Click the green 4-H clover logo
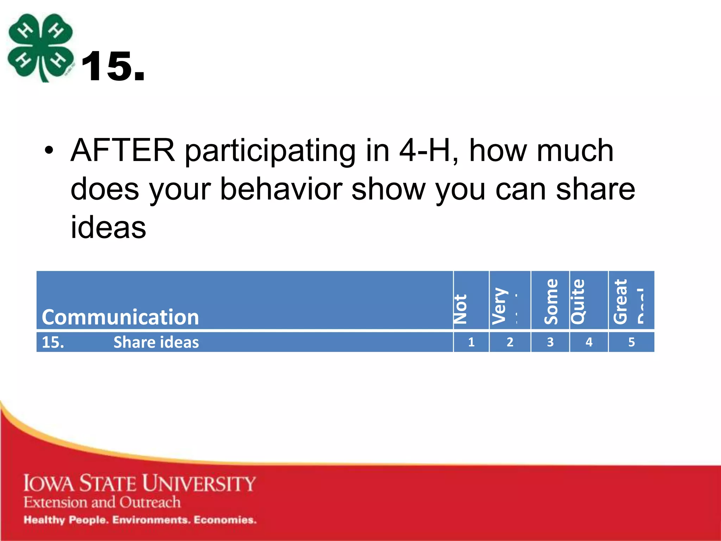[x=40, y=48]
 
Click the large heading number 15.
[x=113, y=66]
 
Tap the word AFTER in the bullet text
[x=123, y=151]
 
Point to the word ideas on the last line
[x=108, y=228]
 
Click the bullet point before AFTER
[x=49, y=151]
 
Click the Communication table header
[x=120, y=317]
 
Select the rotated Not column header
[x=460, y=309]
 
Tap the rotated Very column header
[x=500, y=306]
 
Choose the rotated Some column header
[x=551, y=301]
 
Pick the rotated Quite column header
[x=578, y=301]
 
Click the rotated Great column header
[x=620, y=301]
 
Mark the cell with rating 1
[x=471, y=342]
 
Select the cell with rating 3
[x=550, y=342]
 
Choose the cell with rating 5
[x=631, y=342]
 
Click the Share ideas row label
[x=156, y=342]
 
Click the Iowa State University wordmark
[x=139, y=483]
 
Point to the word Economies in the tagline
[x=225, y=520]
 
